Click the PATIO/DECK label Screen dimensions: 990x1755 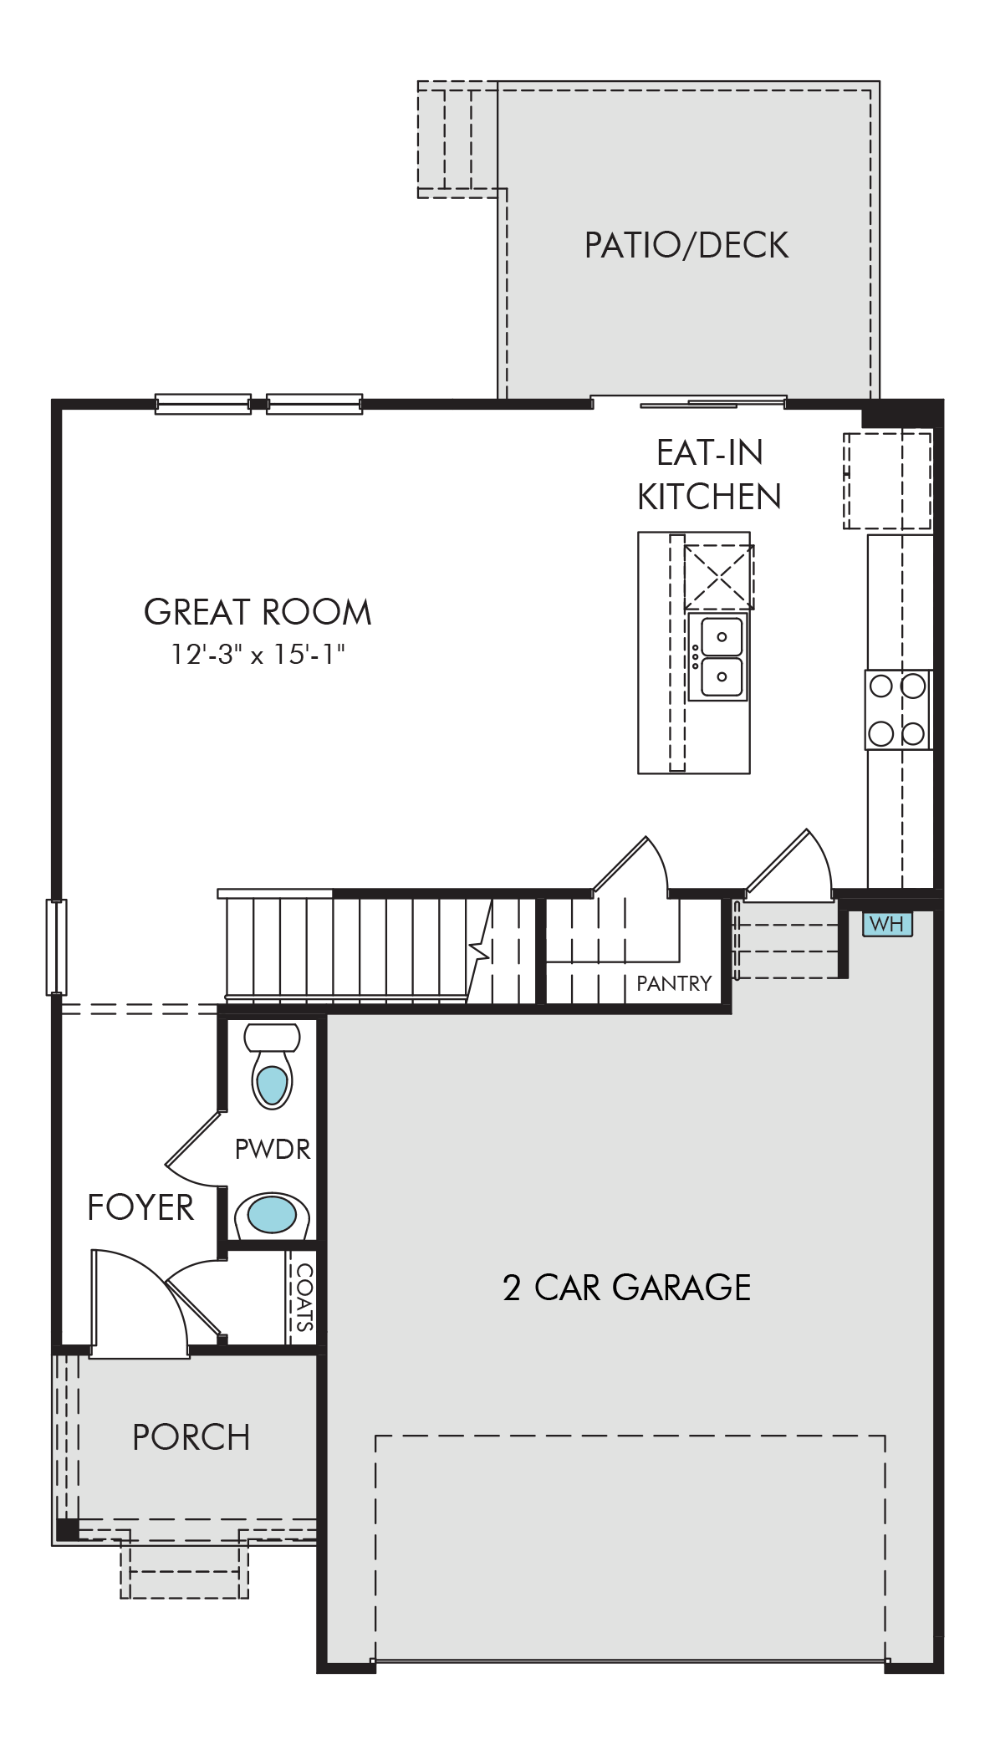pos(686,245)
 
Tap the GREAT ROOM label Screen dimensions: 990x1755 pos(258,612)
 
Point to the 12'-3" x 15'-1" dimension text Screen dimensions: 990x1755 pos(258,655)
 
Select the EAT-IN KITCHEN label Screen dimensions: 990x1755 pos(709,474)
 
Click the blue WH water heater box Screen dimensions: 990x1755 pos(887,924)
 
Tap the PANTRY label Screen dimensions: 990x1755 pos(674,983)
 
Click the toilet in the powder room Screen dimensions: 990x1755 pos(272,1067)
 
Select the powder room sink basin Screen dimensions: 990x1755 pos(272,1215)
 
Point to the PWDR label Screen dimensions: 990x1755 pos(273,1150)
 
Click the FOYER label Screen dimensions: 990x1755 pos(140,1207)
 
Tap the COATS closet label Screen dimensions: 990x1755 pos(304,1297)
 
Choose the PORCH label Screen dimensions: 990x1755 pos(191,1437)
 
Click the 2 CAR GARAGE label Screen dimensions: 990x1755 pos(626,1288)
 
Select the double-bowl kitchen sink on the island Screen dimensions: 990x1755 pos(718,656)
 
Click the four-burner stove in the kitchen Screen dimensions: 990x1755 pos(898,710)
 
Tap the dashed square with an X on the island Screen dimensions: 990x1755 pos(719,577)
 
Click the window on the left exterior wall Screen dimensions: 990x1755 pos(56,947)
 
